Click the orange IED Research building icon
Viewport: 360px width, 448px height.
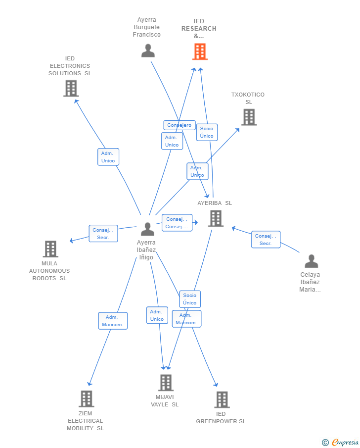[x=200, y=51]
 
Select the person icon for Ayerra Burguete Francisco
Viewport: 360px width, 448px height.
[x=148, y=50]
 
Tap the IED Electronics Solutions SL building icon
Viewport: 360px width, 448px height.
[x=71, y=89]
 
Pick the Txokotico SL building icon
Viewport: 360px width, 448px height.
[x=249, y=117]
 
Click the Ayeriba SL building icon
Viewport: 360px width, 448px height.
[x=216, y=218]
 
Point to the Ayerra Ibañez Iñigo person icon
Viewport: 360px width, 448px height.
[x=147, y=229]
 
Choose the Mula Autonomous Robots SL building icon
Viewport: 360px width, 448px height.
[x=50, y=249]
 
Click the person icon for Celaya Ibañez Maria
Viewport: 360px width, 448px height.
[x=311, y=261]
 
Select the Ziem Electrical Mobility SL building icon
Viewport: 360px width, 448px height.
[x=87, y=398]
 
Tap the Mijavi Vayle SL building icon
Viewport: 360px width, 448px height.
[x=166, y=383]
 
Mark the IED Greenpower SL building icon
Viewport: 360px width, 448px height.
[x=222, y=399]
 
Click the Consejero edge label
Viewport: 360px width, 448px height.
[x=179, y=125]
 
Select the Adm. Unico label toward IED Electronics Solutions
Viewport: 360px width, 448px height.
[x=108, y=157]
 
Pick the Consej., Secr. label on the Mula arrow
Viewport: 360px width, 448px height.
[x=103, y=234]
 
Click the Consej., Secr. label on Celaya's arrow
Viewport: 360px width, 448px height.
[x=266, y=240]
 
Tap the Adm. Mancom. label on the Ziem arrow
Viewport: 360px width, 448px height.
[x=113, y=321]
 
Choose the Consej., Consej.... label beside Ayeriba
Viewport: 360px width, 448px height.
[x=177, y=223]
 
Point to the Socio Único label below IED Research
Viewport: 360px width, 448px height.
[x=207, y=132]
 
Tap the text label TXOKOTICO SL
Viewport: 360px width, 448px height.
[x=248, y=99]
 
